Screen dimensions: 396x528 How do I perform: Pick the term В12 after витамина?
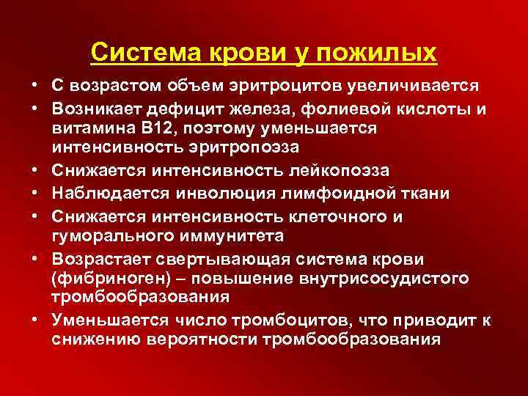coord(172,128)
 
